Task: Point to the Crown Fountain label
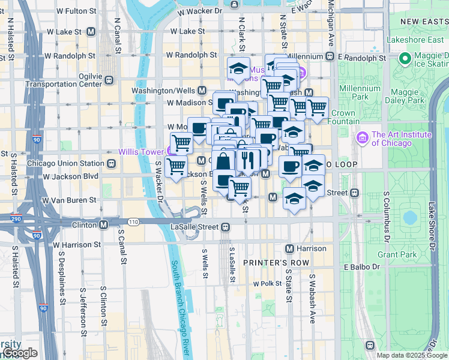coord(343,117)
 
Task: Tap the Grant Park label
coord(396,254)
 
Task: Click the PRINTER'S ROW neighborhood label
coord(276,263)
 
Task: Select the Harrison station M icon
coord(289,248)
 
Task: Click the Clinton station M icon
coord(104,225)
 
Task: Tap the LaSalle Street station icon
coord(225,227)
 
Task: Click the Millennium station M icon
coord(329,56)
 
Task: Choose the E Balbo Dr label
coord(362,266)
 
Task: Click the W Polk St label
coord(267,283)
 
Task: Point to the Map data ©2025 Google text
coord(412,355)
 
